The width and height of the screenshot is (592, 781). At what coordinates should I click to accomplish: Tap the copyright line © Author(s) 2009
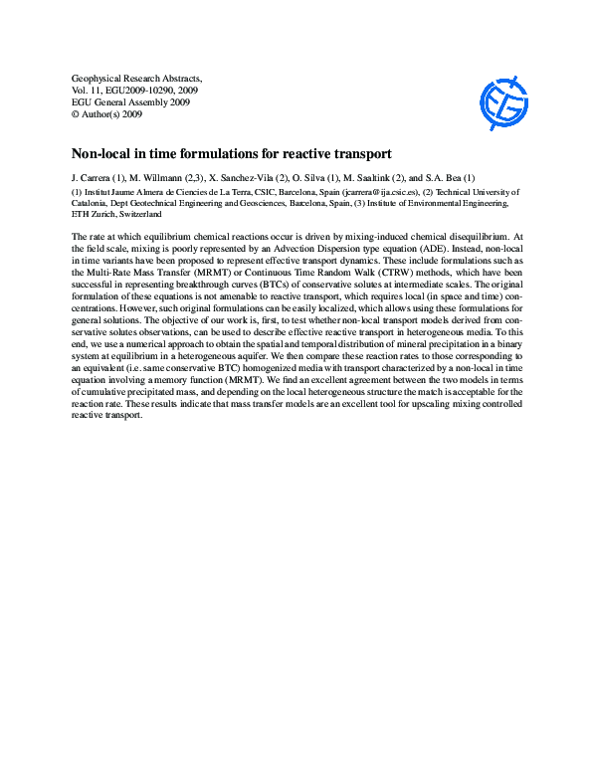tap(107, 113)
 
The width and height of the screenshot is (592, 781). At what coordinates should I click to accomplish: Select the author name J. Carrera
tap(96, 177)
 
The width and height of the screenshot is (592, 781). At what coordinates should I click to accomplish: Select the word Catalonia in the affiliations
tap(91, 203)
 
